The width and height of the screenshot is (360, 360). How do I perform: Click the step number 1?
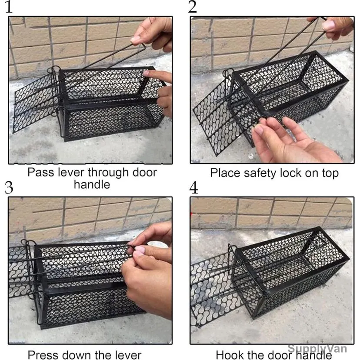pos(9,7)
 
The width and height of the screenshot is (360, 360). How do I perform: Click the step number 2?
pos(193,7)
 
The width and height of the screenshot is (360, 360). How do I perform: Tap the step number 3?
pos(9,188)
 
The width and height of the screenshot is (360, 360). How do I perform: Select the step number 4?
pos(193,188)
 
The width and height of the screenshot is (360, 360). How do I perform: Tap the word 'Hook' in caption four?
pos(227,355)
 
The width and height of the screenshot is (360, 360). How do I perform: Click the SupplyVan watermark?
pos(317,348)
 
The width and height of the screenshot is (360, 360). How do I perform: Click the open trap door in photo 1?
pos(34,102)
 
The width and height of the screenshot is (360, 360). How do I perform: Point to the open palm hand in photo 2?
pos(292,140)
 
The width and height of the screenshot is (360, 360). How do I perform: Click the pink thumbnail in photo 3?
pos(140,249)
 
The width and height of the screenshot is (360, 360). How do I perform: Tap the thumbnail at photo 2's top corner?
pos(329,25)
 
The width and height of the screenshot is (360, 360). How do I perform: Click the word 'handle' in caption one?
pos(92,185)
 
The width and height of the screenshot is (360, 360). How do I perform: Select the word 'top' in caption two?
pos(330,174)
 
